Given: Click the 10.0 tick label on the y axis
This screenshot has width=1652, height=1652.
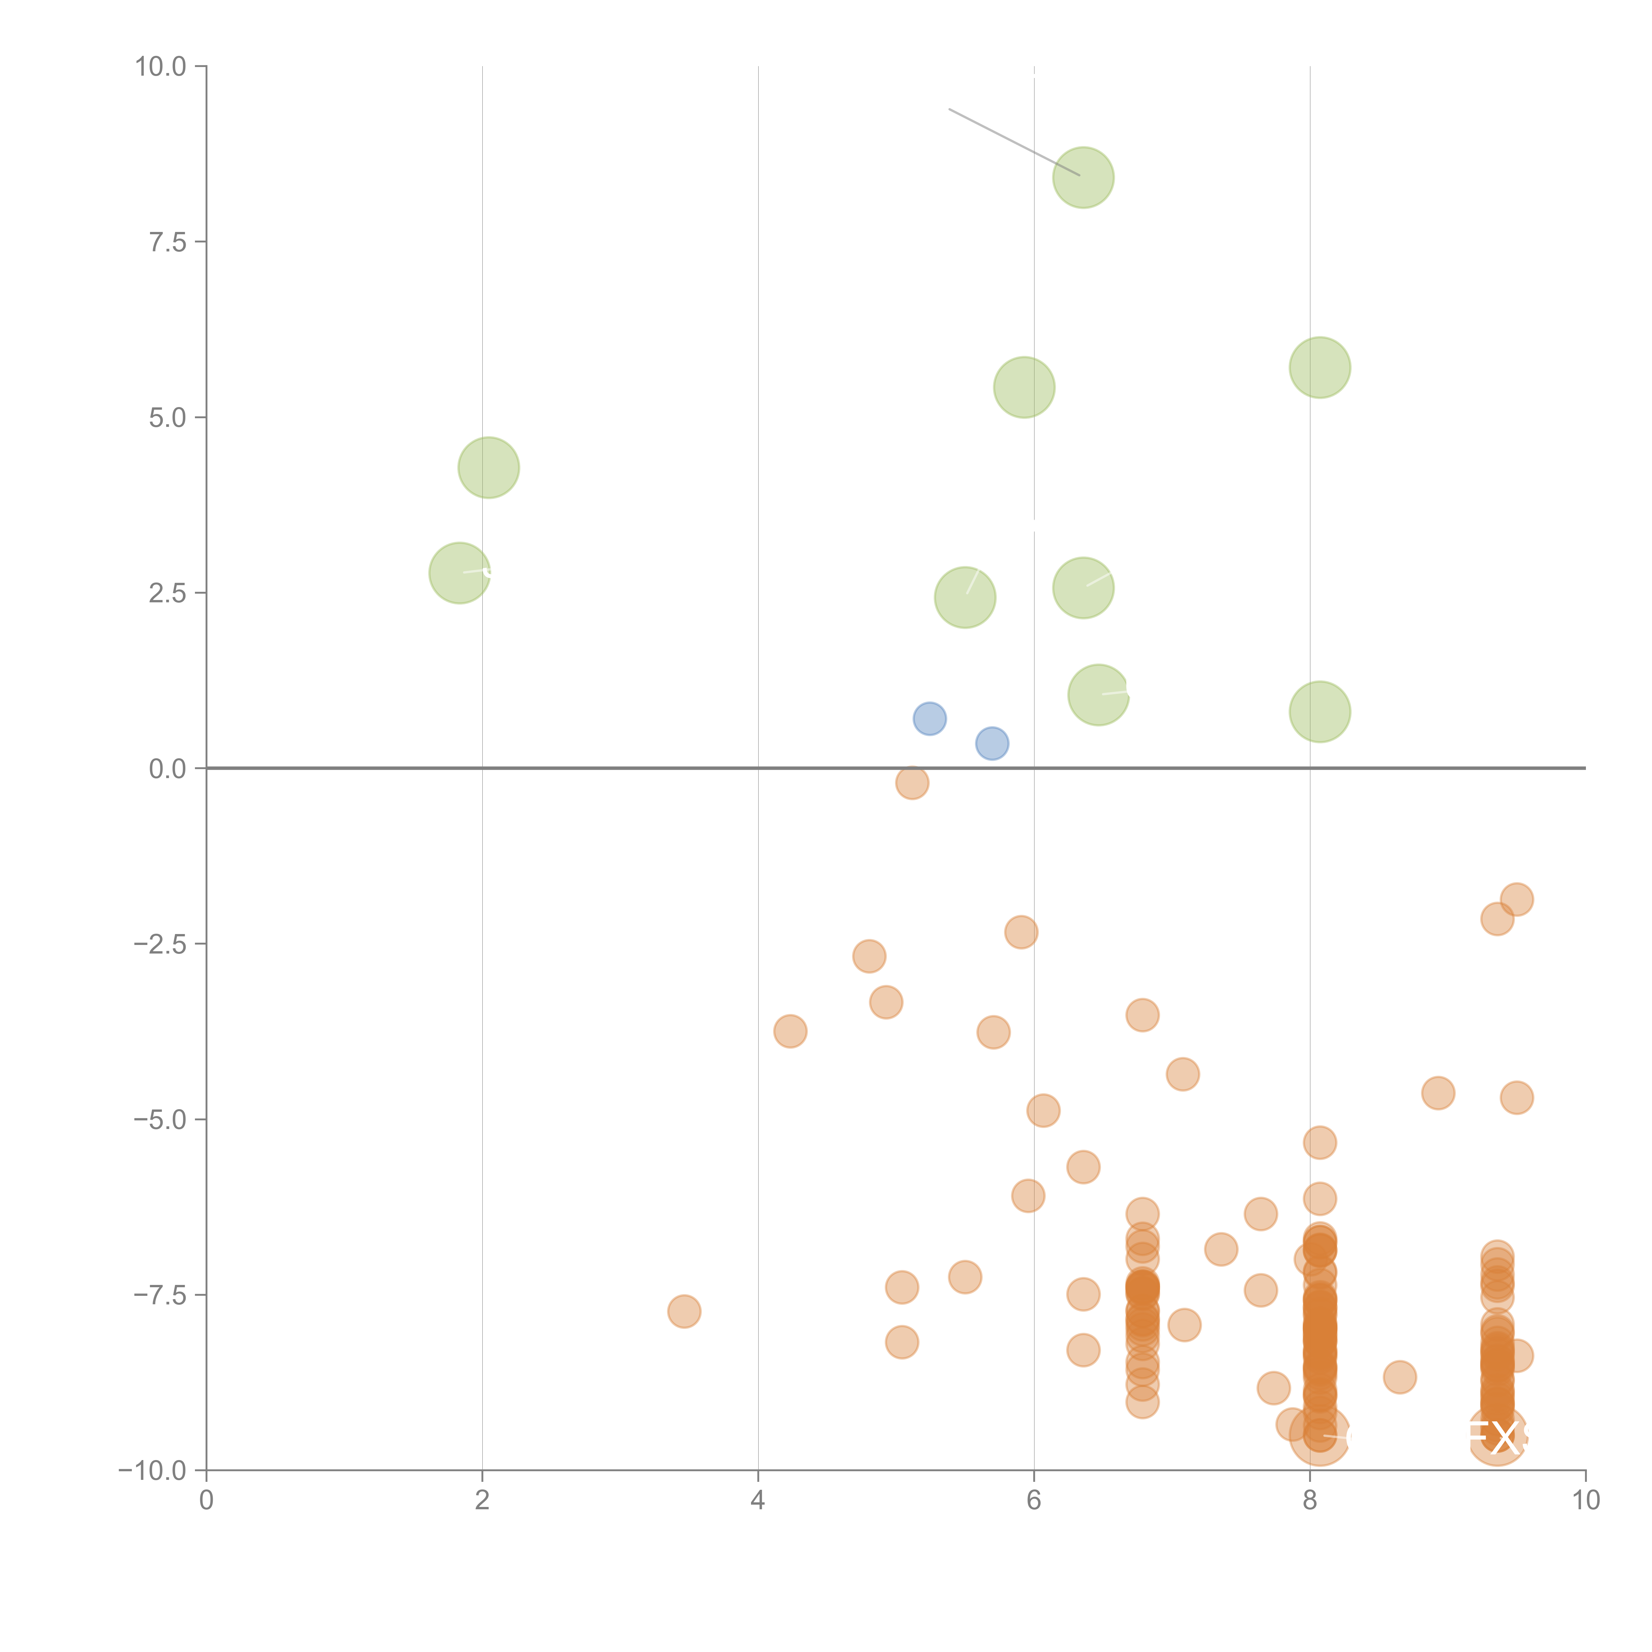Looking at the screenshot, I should [161, 67].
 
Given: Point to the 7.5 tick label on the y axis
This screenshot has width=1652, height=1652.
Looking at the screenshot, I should [168, 242].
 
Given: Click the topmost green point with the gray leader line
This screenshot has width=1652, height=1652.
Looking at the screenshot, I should [1083, 177].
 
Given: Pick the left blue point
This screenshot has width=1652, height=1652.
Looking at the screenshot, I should [929, 718].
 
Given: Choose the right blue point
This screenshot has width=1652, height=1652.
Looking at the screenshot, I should [992, 743].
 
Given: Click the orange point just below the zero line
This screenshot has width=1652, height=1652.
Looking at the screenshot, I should [912, 782].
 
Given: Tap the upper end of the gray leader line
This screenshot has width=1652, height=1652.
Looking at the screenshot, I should [950, 109].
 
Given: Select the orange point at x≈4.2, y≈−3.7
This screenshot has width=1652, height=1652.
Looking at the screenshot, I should [790, 1031].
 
